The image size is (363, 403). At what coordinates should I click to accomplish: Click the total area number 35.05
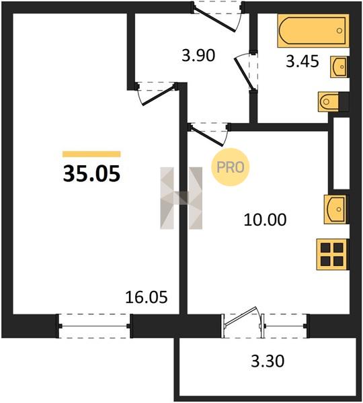coord(91,173)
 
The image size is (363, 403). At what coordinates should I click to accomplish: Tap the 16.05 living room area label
coord(147,297)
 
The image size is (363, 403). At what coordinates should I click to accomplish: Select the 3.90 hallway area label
coord(198,56)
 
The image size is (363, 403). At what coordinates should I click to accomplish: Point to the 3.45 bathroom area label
coord(302,61)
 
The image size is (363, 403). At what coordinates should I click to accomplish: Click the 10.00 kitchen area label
coord(265,220)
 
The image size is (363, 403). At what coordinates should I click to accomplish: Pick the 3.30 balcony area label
coord(268,361)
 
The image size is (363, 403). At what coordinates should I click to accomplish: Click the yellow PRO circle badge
coord(231,167)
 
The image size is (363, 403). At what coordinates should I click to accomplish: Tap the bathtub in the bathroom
coord(313,31)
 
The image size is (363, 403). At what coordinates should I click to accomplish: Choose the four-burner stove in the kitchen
coord(333,255)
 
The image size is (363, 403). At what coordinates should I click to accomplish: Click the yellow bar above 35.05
coord(91,154)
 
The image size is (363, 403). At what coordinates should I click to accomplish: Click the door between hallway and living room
coord(157,93)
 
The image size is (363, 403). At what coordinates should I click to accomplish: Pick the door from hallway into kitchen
coord(209,134)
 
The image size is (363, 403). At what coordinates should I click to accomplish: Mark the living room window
coord(94,326)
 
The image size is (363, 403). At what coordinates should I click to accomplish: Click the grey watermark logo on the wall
coord(181,198)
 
